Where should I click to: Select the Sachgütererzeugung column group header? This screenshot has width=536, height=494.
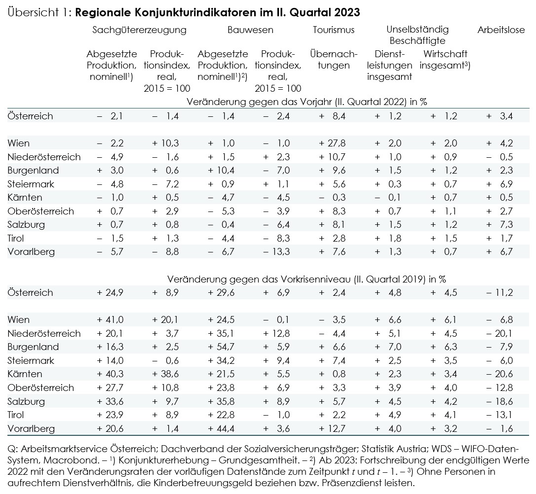[x=140, y=30]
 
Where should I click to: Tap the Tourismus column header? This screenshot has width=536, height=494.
[x=334, y=30]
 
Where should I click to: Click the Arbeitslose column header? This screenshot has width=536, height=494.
[x=501, y=30]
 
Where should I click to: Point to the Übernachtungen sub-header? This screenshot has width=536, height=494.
[x=334, y=59]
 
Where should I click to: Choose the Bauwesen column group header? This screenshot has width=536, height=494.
[x=251, y=30]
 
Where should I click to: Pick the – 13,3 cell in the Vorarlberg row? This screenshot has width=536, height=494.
[x=276, y=251]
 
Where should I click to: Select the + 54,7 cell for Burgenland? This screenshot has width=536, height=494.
[x=221, y=347]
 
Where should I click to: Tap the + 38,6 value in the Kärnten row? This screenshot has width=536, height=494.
[x=165, y=374]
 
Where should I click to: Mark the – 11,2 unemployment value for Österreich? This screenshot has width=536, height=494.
[x=499, y=292]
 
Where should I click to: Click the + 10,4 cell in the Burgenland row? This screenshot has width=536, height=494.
[x=221, y=171]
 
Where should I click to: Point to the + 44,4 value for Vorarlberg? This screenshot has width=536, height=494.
[x=221, y=428]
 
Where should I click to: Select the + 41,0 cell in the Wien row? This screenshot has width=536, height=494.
[x=110, y=319]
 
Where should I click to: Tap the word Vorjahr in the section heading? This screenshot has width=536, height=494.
[x=315, y=102]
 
